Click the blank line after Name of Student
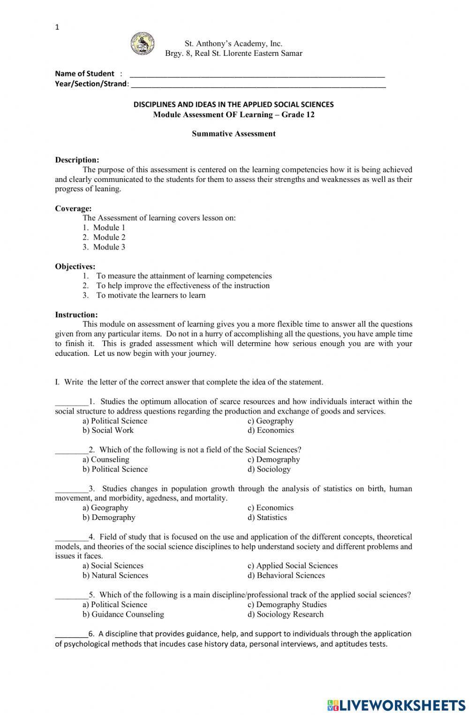257,75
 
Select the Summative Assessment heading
234,134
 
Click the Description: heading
77,160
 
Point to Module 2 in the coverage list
109,237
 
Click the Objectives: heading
75,266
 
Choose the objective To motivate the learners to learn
151,295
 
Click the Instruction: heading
76,315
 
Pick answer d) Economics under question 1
271,430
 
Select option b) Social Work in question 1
108,430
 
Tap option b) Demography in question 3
109,518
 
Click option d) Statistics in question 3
267,518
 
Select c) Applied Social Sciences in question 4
292,566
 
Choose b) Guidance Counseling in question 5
123,614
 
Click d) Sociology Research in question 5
285,614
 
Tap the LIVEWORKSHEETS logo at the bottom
396,705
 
